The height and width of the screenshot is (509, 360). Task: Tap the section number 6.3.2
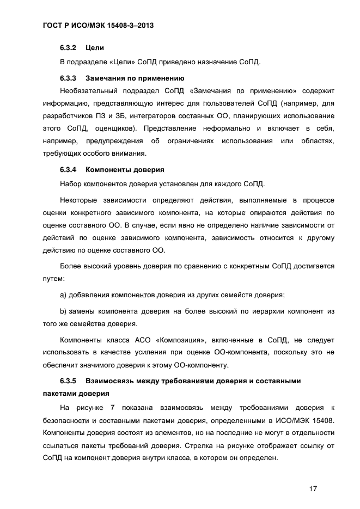click(68, 48)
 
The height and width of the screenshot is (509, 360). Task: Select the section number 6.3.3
click(68, 78)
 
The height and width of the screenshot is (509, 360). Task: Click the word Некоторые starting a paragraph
click(78, 201)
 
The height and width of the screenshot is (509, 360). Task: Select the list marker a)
click(63, 295)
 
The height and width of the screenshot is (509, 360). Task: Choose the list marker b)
click(63, 311)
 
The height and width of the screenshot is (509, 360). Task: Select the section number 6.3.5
click(68, 381)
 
